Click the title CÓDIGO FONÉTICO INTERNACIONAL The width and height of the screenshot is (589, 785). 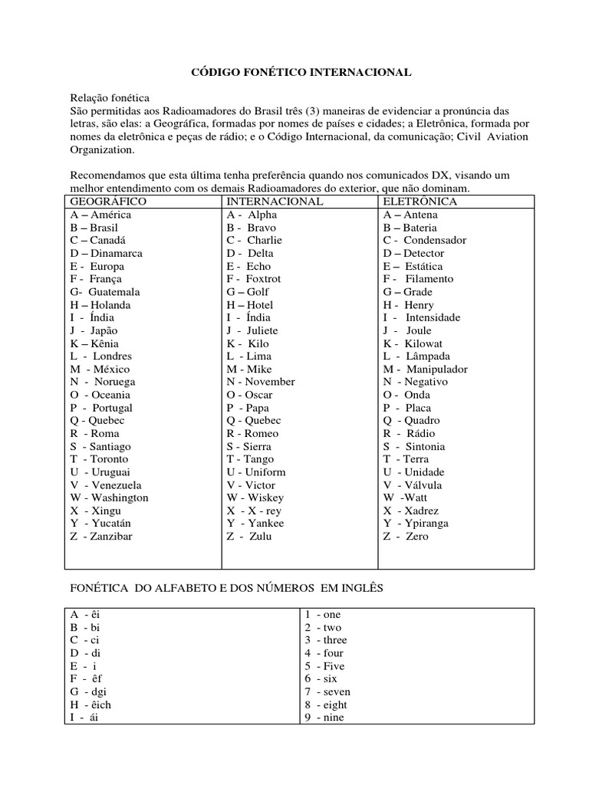301,72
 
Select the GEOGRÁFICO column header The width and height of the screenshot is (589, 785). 107,202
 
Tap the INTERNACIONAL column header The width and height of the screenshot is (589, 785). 275,202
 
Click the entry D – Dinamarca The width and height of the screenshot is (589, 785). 106,253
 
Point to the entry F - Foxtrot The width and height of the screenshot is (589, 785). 253,279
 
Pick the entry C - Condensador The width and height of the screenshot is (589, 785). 424,240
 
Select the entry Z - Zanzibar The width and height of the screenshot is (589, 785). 100,537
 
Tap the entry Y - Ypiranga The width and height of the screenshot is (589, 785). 416,524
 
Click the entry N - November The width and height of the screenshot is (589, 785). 260,382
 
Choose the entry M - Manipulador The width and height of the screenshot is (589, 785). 426,370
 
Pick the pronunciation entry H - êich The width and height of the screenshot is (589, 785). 90,705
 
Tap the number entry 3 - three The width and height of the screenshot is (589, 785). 325,640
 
